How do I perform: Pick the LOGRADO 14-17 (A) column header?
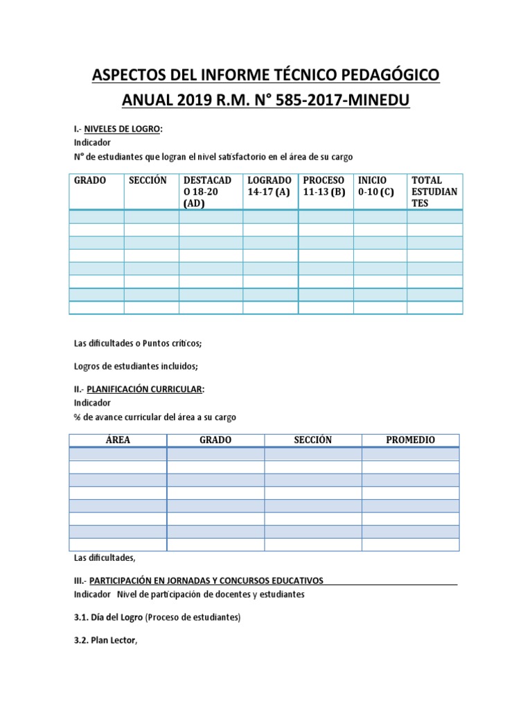pos(269,186)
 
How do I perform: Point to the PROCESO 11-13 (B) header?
pos(324,186)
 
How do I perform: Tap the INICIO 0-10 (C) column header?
pos(377,186)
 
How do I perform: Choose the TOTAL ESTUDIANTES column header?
pos(434,191)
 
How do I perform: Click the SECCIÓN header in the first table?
pos(148,180)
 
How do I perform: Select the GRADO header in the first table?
pos(90,180)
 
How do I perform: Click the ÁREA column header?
pos(118,440)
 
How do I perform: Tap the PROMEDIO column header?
pos(410,440)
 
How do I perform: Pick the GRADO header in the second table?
pos(215,440)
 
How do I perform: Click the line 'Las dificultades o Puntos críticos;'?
pos(137,343)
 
